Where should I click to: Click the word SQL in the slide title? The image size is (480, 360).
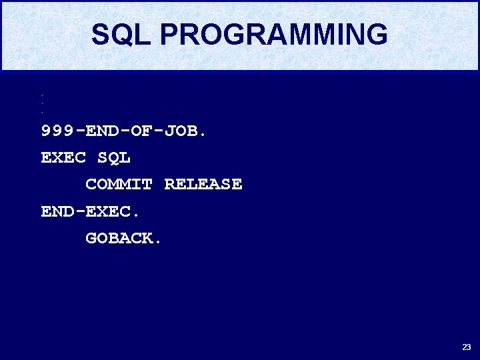pos(121,35)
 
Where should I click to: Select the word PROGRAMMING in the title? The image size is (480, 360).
pos(273,35)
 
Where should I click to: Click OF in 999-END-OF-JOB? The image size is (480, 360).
pos(142,131)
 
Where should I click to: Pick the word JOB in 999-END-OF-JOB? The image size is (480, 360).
pos(181,131)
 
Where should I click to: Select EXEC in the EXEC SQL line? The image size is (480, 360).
pos(63,158)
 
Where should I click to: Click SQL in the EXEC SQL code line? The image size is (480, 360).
pos(114,158)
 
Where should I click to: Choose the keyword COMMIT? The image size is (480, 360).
pos(119,185)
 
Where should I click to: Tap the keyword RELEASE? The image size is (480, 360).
pos(203,185)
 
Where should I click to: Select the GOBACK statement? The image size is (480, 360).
pos(120,239)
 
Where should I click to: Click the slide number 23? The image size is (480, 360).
pos(466,347)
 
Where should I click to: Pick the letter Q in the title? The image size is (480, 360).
pos(121,35)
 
